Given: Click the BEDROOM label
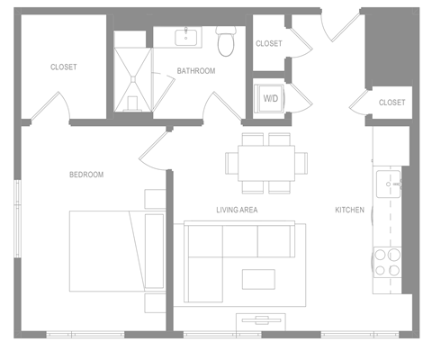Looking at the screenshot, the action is coord(86,175).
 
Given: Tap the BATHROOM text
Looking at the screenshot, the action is coord(196,71).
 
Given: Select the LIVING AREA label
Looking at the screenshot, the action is coord(237,210).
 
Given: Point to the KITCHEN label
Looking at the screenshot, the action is coord(349,210).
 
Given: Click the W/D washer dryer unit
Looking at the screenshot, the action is coord(269,99).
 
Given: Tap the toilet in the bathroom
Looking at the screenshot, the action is coord(226,41).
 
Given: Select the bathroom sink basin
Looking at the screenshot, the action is coord(186,38).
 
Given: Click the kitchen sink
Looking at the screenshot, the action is coord(389,184).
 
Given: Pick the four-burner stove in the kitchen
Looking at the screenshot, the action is coord(387,263).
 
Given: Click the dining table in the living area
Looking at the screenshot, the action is coord(266,163).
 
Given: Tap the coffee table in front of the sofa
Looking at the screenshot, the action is coord(258,279).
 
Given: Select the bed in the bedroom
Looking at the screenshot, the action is coord(118,251).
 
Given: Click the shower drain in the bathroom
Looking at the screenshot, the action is coord(133,79).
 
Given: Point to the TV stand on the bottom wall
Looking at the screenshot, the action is coord(261,322).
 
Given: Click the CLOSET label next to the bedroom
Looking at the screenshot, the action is coord(64,67).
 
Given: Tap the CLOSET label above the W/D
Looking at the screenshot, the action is coord(269,43).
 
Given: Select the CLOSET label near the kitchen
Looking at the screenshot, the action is coord(391,103).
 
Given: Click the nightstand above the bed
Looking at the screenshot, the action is coord(156,199).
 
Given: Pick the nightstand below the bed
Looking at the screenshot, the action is coord(156,303).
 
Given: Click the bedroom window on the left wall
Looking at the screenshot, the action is coord(18,219).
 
